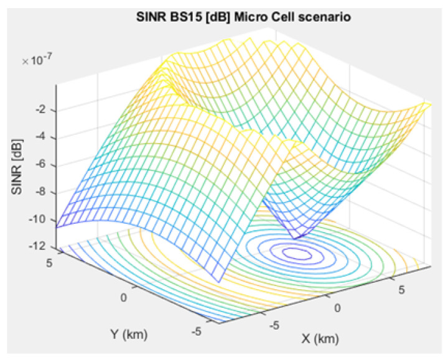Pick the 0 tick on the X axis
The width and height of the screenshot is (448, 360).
coord(337,308)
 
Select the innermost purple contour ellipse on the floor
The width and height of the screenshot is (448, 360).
coord(297,254)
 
